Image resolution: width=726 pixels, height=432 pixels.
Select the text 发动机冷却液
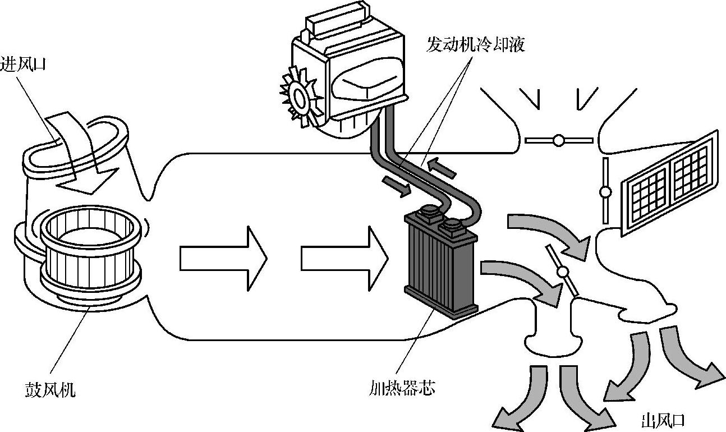tap(475, 45)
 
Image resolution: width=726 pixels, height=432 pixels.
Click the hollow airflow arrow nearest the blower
tap(222, 259)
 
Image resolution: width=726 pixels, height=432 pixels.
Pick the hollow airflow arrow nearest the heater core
tap(344, 259)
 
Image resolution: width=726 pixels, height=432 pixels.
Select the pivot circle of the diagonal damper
tap(563, 273)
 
